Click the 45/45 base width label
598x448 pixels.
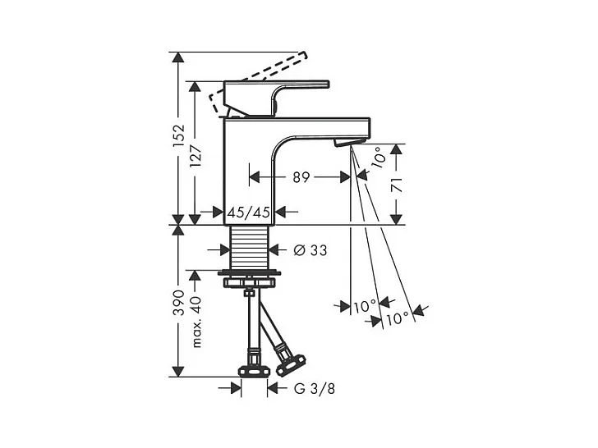tap(249, 213)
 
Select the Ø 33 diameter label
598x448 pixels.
tap(310, 249)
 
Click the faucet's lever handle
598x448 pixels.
tap(279, 90)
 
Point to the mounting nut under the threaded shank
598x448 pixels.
tap(249, 279)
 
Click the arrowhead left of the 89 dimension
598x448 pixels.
tap(255, 176)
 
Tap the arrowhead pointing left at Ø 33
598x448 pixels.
tap(276, 249)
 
